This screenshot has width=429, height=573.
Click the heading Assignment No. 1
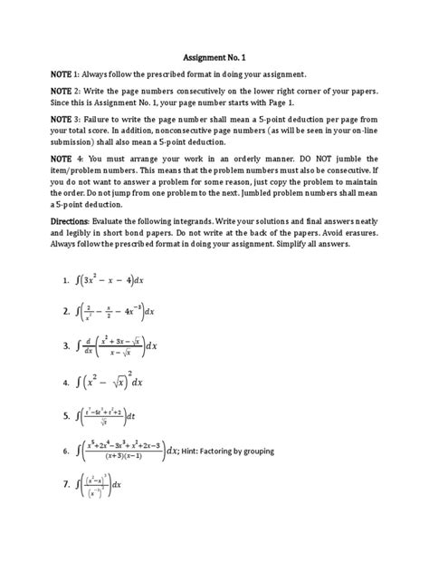point(214,53)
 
